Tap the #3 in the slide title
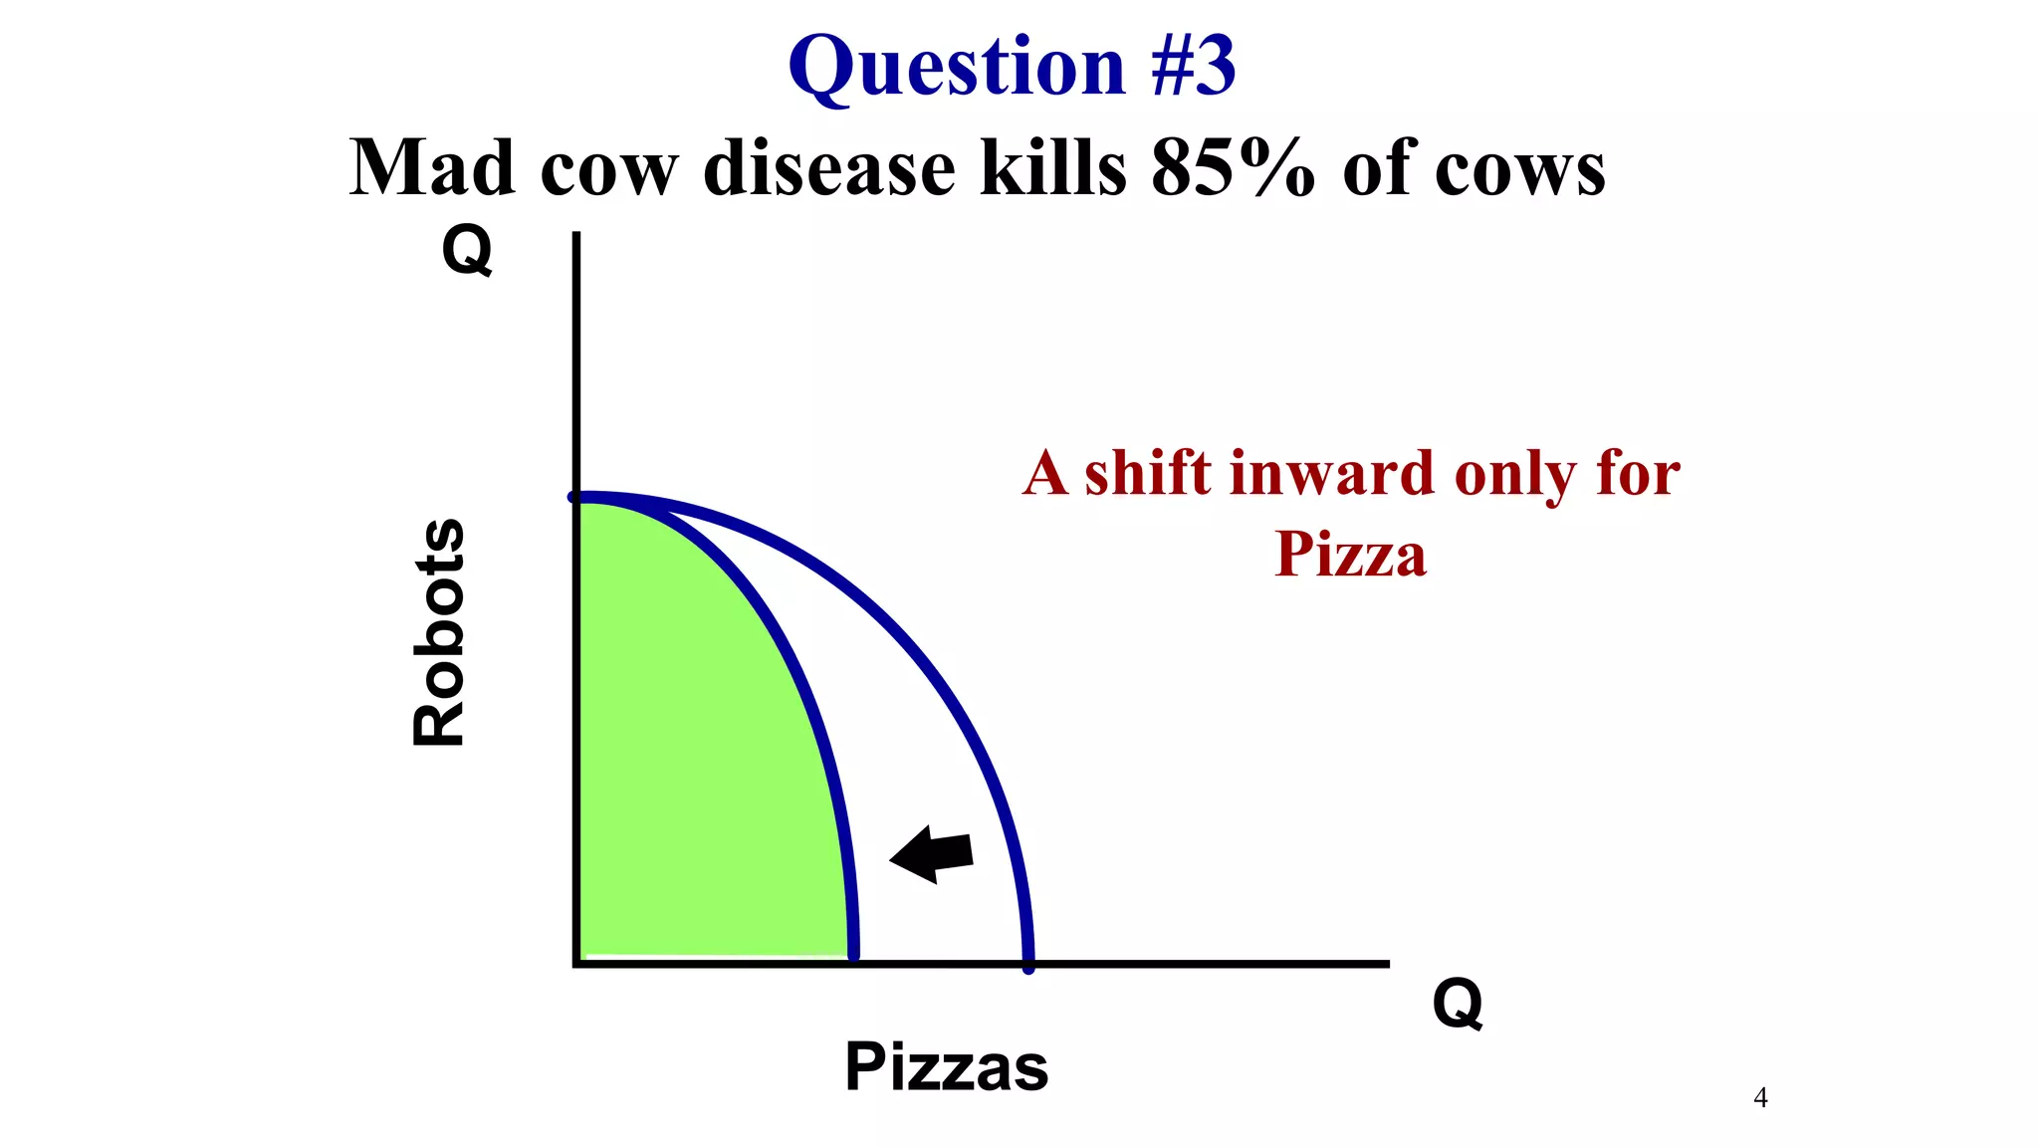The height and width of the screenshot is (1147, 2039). point(1192,66)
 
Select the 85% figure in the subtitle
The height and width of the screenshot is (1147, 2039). point(1233,167)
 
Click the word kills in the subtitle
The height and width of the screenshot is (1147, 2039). point(1053,167)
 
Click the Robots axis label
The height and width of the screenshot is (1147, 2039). point(439,633)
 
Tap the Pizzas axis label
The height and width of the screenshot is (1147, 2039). point(946,1066)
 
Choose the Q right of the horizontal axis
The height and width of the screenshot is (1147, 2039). point(1457,1003)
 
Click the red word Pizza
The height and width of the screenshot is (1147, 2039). point(1350,554)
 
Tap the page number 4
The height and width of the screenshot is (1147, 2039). point(1760,1098)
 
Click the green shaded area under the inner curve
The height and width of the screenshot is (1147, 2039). point(697,757)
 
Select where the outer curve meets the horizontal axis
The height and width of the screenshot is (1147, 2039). point(1028,963)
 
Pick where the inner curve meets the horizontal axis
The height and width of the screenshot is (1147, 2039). point(853,960)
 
